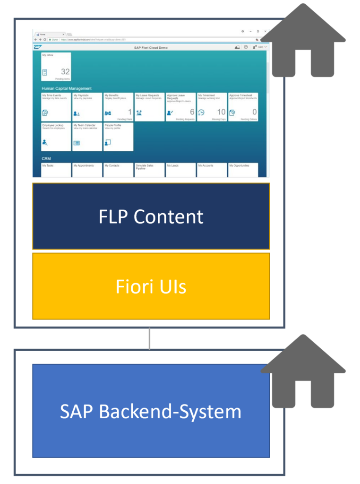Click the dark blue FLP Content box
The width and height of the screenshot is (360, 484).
pos(151,216)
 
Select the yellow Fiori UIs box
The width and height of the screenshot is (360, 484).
pos(151,286)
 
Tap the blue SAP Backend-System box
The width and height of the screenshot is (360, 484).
pos(151,411)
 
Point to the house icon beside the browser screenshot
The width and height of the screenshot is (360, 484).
pos(303,41)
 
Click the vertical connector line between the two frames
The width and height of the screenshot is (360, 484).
pos(149,338)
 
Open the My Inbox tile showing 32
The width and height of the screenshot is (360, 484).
pos(56,67)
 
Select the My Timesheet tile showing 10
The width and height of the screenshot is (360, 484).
pos(212,106)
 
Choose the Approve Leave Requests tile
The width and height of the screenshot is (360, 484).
pos(180,106)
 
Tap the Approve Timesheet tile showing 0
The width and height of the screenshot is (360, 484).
pos(243,106)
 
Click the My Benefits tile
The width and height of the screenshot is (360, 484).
pos(118,106)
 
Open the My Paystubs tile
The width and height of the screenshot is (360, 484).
pos(87,106)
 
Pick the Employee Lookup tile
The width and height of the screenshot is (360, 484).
pos(56,137)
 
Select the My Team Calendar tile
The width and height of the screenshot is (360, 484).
pos(87,137)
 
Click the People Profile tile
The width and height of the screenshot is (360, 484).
pos(118,137)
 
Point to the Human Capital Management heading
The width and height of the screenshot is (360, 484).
pos(67,88)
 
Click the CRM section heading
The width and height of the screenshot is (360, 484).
pos(46,159)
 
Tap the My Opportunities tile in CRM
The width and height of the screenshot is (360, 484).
pos(243,170)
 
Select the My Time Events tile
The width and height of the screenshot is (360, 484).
pos(56,106)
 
